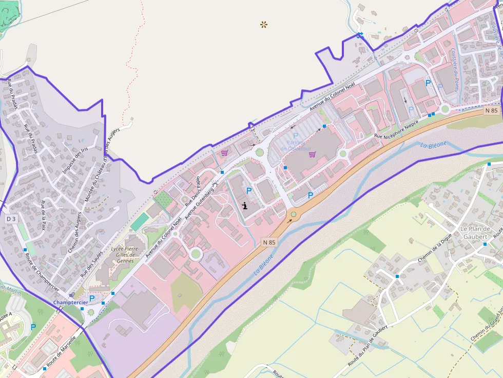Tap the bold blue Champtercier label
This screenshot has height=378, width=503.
71,303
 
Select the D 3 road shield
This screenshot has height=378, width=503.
11,219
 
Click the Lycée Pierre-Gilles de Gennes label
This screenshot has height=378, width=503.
125,255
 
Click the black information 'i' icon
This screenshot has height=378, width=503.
245,206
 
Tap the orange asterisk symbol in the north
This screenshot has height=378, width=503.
264,24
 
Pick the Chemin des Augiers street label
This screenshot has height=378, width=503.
75,233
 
